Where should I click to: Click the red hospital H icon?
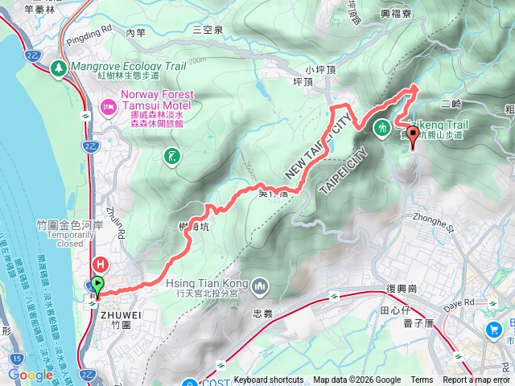click(x=101, y=263)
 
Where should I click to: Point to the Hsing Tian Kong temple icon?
click(x=260, y=286)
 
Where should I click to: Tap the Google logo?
click(x=30, y=375)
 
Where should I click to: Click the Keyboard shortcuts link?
click(x=268, y=380)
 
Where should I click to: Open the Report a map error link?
click(x=477, y=380)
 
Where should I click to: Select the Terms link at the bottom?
click(x=422, y=380)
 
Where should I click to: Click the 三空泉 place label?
click(x=207, y=29)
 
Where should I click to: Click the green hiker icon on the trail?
click(x=381, y=126)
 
